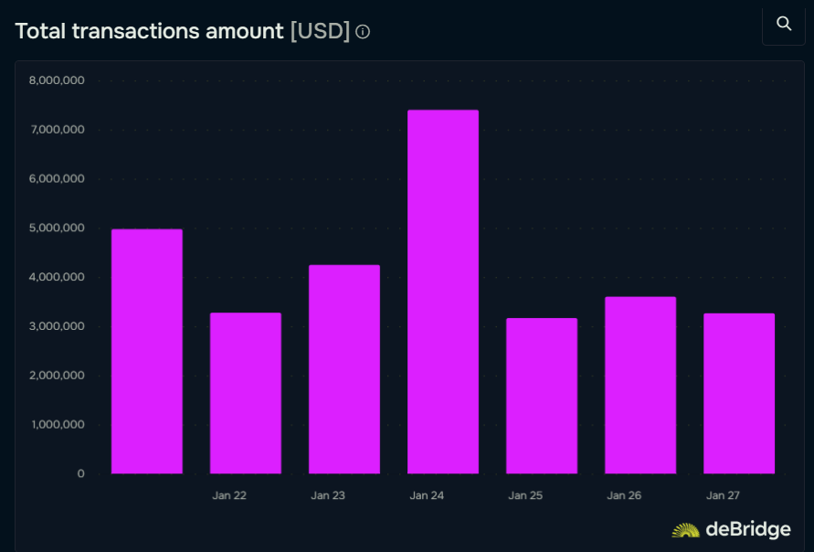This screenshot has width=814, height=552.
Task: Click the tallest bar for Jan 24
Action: tap(442, 292)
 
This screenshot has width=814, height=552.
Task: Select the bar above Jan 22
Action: tap(245, 393)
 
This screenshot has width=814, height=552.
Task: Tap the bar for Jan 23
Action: tap(344, 369)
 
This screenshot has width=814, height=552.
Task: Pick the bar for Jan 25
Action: tap(541, 396)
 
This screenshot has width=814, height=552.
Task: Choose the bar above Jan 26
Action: tap(640, 385)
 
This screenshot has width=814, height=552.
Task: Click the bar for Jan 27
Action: tap(738, 393)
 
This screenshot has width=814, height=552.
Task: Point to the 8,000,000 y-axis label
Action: tap(57, 80)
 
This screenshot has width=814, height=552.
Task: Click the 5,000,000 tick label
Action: tap(57, 228)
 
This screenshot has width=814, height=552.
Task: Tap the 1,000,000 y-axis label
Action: tap(57, 424)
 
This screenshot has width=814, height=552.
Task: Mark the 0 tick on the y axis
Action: tap(80, 473)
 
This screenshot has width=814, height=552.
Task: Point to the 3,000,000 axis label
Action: tap(57, 326)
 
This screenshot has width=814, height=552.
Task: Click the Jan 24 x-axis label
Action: tap(427, 495)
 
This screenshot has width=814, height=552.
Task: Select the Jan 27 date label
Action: tap(723, 495)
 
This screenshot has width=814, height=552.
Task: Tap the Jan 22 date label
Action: tap(229, 495)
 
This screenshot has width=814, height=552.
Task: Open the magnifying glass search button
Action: tap(783, 24)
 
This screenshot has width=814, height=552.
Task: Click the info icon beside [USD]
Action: tap(363, 32)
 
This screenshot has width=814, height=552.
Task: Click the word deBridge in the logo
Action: tap(747, 529)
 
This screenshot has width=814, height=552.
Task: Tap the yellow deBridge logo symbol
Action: tap(685, 530)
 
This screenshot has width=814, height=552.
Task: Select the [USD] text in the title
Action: tap(320, 31)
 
